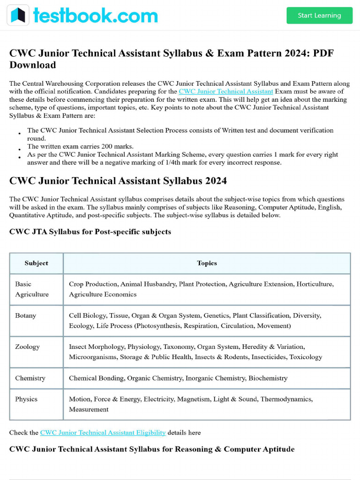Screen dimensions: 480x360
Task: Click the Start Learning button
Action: point(319,15)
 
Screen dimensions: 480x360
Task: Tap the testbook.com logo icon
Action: point(18,15)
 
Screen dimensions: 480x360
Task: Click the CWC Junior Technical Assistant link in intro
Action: point(225,91)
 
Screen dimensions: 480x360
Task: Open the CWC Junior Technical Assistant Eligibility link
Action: point(103,432)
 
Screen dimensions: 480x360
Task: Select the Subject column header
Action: point(36,263)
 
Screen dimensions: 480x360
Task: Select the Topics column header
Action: point(207,263)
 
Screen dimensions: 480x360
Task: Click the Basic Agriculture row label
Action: point(32,289)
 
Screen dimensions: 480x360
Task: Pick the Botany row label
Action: point(26,315)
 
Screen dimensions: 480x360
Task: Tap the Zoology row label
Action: point(27,347)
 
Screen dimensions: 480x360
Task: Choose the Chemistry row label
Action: point(30,378)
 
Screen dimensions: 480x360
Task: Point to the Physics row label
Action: point(26,399)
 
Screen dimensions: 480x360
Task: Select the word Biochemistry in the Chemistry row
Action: point(268,378)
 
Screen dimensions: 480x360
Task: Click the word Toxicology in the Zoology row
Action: point(306,357)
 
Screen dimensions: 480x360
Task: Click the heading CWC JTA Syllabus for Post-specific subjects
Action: point(90,232)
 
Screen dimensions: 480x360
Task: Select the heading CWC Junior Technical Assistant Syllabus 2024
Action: point(118,180)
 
